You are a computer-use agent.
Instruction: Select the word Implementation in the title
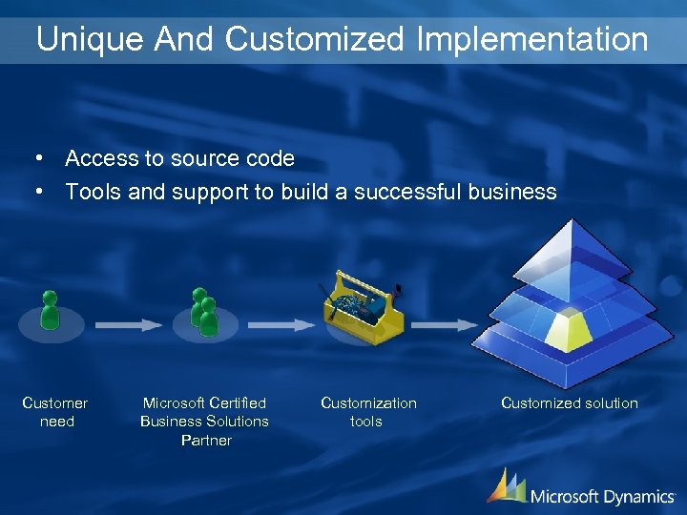tap(532, 39)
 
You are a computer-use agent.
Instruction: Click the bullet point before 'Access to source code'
tap(37, 158)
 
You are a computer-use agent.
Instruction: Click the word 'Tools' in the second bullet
tap(93, 192)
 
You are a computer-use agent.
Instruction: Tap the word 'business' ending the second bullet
tap(512, 192)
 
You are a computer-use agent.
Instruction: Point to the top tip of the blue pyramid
tap(571, 222)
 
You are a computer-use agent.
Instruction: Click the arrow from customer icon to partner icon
tap(128, 324)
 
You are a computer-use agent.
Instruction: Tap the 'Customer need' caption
tap(55, 412)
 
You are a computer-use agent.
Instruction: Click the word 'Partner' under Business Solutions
tap(206, 440)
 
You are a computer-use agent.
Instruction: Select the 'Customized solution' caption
tap(570, 402)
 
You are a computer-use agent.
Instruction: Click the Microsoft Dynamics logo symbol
tap(506, 485)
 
